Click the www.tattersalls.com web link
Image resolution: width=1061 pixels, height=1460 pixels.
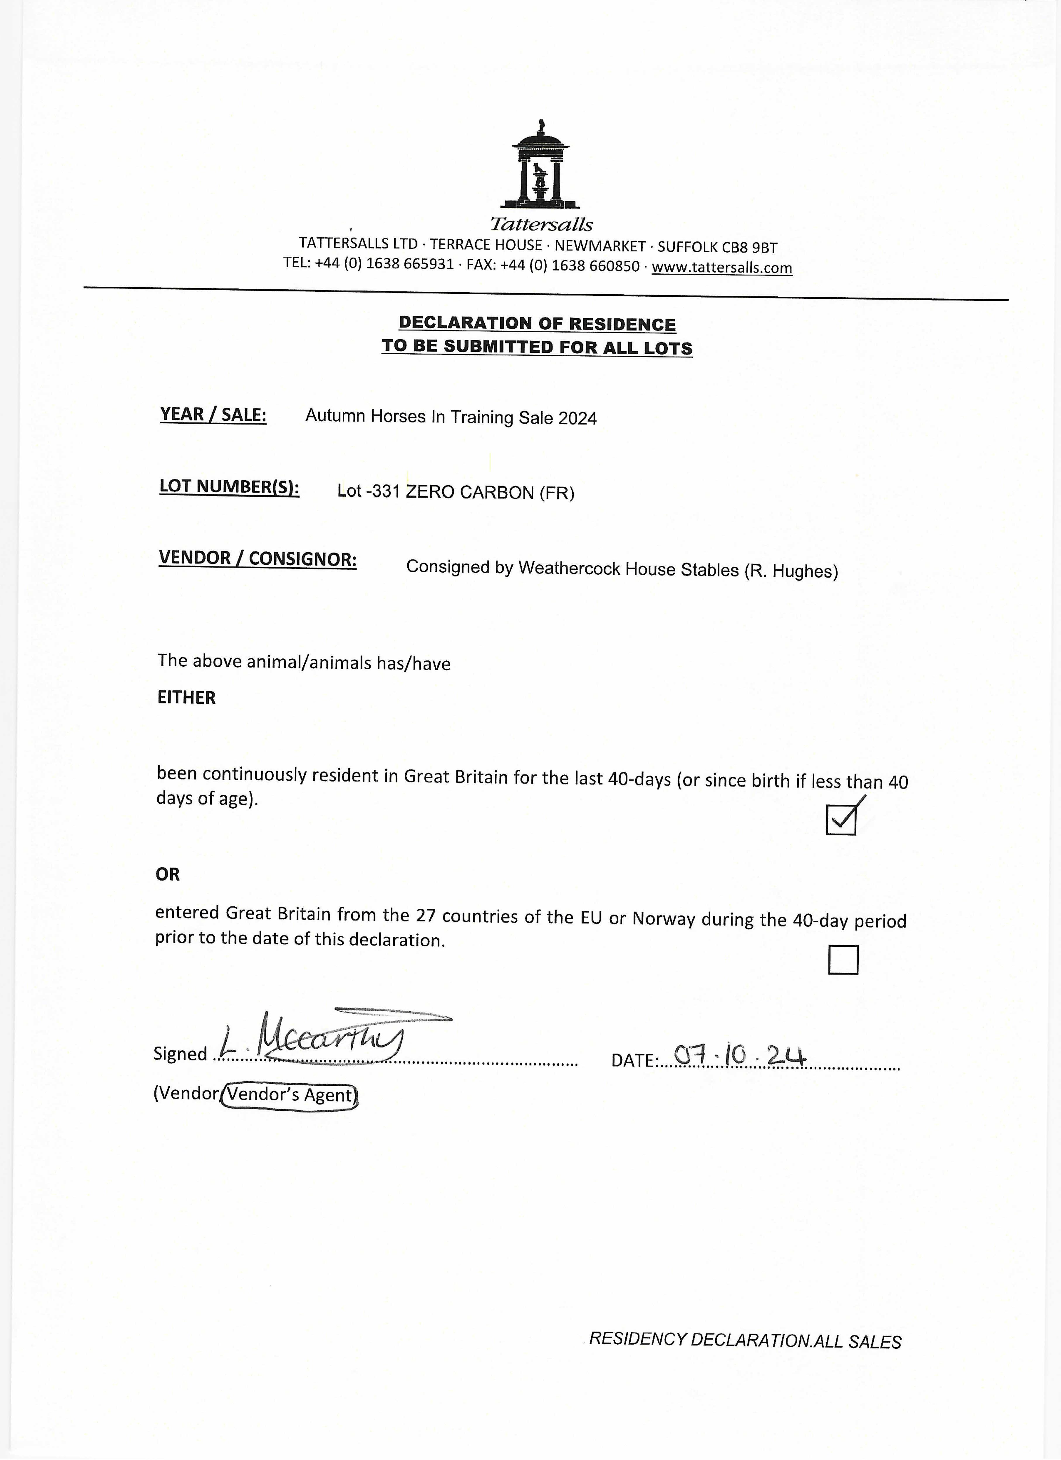click(x=722, y=268)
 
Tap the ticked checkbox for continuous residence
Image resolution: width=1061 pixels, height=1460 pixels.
click(x=841, y=819)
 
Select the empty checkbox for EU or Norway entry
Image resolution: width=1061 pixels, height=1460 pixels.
click(x=843, y=960)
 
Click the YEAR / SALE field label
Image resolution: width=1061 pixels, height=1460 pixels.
click(x=213, y=415)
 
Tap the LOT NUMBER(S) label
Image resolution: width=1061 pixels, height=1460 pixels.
click(x=229, y=487)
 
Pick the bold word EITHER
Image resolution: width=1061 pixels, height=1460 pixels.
click(x=187, y=698)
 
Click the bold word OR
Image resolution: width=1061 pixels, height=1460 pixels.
click(x=168, y=874)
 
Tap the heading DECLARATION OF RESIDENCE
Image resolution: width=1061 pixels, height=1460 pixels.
click(x=537, y=324)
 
